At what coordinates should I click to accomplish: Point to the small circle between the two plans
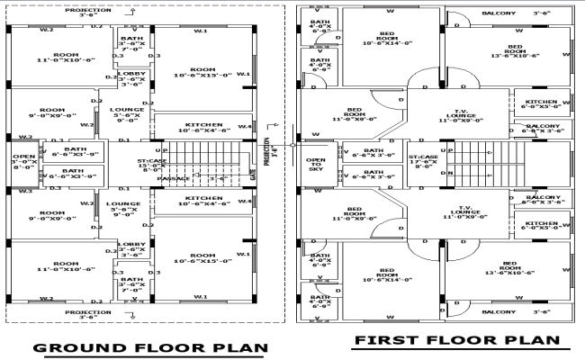[x=292, y=144]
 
